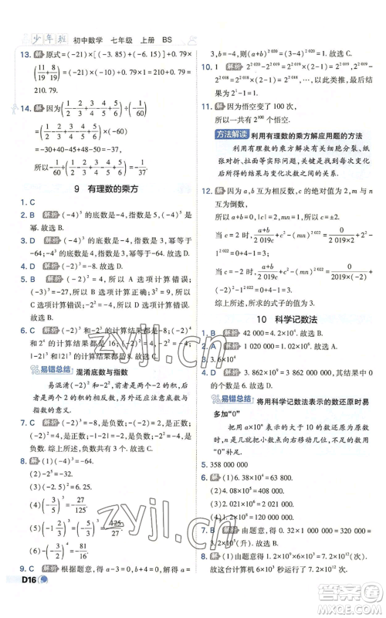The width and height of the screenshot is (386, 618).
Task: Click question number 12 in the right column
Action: click(x=205, y=191)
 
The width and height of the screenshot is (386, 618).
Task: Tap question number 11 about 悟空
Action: click(x=205, y=107)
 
